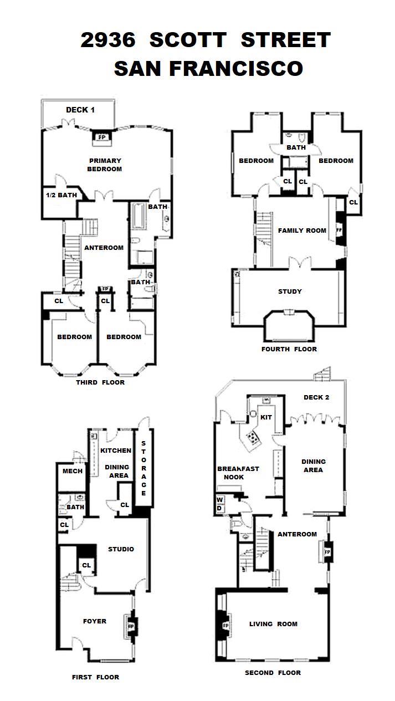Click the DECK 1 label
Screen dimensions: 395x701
[x=80, y=110]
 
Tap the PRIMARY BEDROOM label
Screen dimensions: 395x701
[x=105, y=165]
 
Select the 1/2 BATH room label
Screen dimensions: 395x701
[x=61, y=195]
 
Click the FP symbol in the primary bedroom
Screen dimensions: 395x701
[x=101, y=137]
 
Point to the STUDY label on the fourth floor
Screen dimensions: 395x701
[x=290, y=291]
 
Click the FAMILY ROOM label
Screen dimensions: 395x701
[x=302, y=231]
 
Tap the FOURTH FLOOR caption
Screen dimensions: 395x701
[x=289, y=349]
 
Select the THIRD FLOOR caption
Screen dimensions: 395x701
[x=100, y=382]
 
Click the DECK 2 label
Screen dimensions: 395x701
[x=316, y=397]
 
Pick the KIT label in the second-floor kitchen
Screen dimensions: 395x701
[x=266, y=417]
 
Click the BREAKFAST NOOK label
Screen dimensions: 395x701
[x=238, y=473]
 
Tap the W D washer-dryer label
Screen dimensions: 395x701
[x=219, y=504]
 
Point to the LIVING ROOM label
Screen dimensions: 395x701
[x=273, y=624]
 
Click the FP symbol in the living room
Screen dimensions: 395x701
[x=225, y=626]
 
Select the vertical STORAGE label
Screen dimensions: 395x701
[x=143, y=468]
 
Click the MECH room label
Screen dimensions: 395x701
[x=73, y=471]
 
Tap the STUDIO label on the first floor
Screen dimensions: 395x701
[x=121, y=549]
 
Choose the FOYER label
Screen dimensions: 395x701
[x=94, y=621]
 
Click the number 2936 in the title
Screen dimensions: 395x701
[x=108, y=40]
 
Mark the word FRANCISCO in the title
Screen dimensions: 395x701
[x=236, y=69]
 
